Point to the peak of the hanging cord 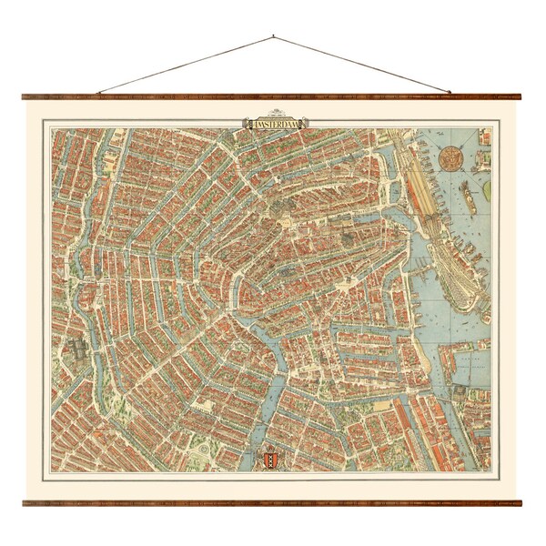coord(273,36)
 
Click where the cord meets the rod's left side coord(98,93)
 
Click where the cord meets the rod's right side coord(450,92)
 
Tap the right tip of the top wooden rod coord(521,96)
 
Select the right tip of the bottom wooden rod coord(521,502)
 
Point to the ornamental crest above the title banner coord(274,116)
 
